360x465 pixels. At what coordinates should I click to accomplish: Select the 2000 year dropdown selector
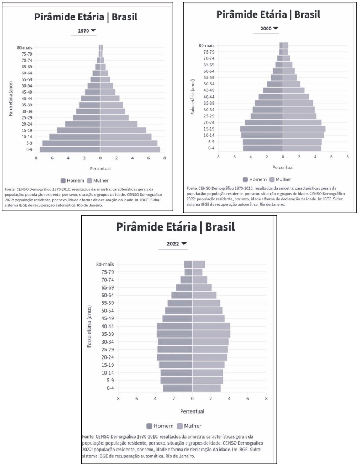269,28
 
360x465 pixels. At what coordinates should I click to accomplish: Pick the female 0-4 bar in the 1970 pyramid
130,149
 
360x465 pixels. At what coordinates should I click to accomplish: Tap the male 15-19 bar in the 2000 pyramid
262,129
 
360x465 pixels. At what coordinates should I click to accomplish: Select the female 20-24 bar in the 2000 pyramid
302,122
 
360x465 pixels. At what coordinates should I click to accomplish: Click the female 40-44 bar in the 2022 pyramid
211,326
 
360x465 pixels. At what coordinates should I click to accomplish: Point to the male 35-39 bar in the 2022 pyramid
174,334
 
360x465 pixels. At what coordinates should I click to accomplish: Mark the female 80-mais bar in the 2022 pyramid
199,264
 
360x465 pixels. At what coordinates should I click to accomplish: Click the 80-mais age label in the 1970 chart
24,47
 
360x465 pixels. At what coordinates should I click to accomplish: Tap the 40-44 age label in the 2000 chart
208,97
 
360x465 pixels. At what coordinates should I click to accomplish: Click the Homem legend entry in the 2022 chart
160,426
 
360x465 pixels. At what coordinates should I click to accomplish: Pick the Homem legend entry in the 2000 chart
255,179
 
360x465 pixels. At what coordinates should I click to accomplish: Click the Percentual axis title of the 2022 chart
192,411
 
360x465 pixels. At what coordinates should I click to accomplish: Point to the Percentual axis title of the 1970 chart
100,168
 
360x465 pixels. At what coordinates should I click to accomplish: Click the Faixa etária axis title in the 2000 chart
193,96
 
